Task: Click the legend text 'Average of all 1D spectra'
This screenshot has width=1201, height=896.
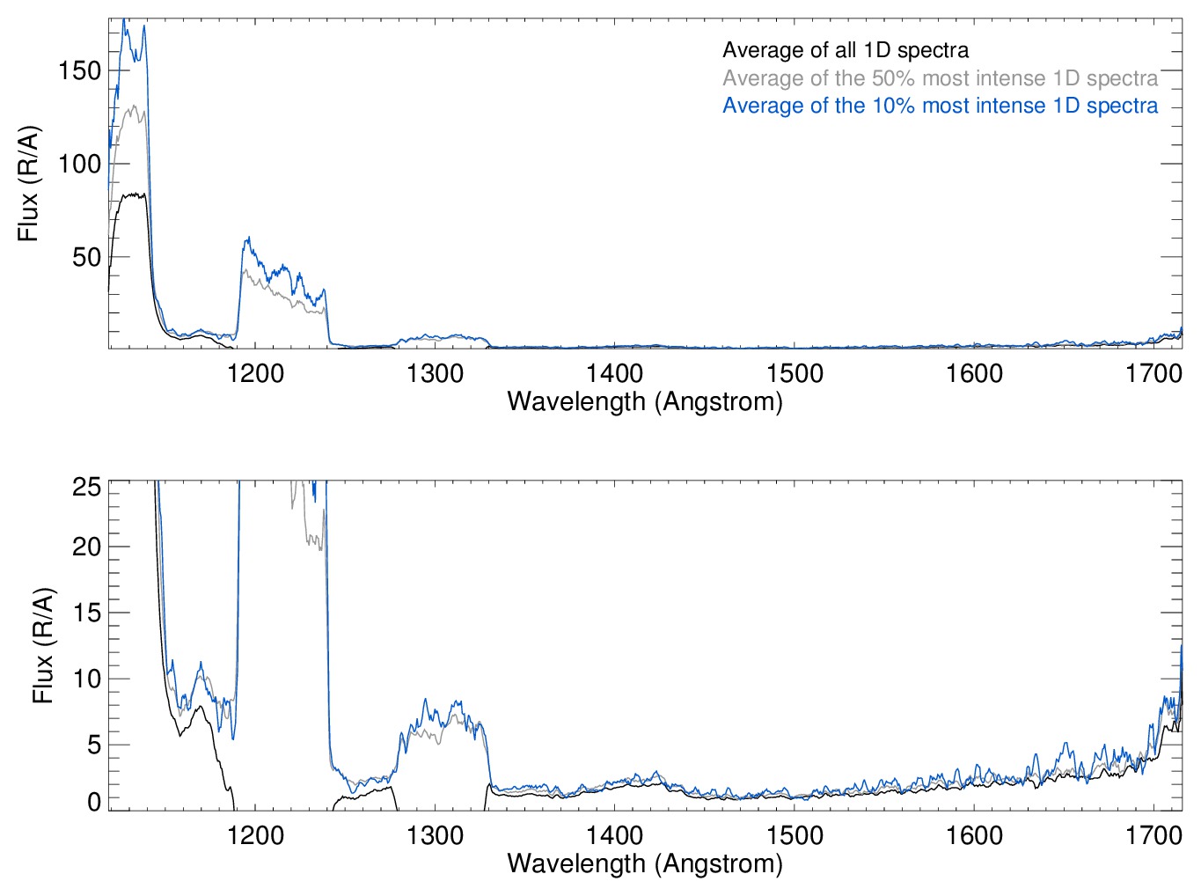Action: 845,50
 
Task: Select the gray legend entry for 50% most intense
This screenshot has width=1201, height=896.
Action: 940,78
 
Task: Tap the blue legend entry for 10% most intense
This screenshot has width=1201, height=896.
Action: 940,106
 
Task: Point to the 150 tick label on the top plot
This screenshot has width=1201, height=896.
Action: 80,70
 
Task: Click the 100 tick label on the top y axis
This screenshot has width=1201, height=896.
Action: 80,164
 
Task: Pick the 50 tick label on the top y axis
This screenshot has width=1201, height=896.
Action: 86,257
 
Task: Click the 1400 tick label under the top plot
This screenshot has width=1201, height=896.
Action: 615,374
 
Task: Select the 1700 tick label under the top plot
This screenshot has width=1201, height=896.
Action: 1153,374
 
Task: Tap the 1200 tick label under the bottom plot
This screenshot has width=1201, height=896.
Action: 255,835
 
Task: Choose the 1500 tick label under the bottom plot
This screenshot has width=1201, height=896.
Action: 795,835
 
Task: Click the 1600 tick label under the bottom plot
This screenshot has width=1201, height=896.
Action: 974,835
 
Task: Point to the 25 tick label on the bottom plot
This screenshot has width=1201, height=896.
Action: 86,487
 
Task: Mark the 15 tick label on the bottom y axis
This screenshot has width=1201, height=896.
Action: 86,613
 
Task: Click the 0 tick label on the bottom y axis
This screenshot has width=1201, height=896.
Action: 93,802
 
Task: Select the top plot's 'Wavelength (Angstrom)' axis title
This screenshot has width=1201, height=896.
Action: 645,402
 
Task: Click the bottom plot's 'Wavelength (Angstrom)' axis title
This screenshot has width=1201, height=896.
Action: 645,863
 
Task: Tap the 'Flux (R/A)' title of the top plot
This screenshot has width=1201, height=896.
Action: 28,184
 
